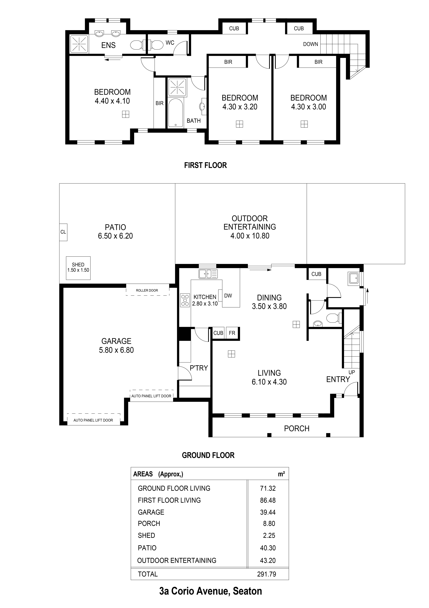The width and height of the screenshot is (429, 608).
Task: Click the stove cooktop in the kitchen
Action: tap(185, 300)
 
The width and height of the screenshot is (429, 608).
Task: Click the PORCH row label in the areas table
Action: tap(149, 524)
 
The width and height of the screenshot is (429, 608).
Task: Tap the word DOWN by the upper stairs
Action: tap(311, 44)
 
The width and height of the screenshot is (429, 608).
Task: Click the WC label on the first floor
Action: tap(170, 43)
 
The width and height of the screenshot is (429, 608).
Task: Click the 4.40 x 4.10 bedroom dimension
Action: tap(112, 101)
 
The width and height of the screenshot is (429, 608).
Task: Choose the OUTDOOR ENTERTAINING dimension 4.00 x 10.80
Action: tap(250, 236)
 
